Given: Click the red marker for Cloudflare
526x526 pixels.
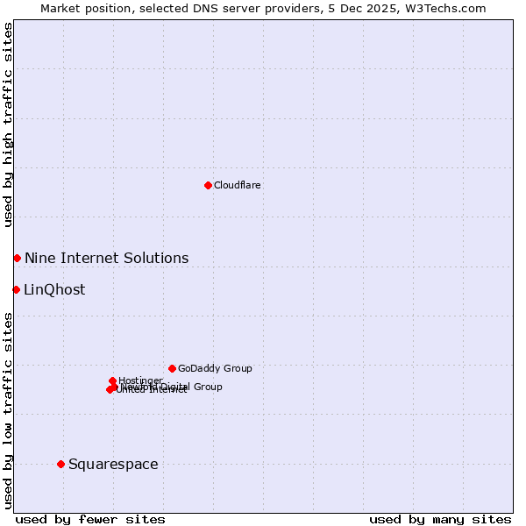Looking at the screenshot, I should pyautogui.click(x=208, y=185).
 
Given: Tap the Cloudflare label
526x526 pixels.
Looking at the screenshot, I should pyautogui.click(x=238, y=186).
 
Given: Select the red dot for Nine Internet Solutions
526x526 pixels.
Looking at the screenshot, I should pyautogui.click(x=17, y=258).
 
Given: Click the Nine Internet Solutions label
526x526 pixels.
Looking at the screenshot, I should pyautogui.click(x=106, y=258).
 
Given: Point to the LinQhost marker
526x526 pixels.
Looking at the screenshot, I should pyautogui.click(x=16, y=289).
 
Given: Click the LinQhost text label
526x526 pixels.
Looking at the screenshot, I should pyautogui.click(x=54, y=290).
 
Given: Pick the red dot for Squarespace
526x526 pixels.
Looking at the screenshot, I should pyautogui.click(x=60, y=464).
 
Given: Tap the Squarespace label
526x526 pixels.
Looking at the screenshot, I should pyautogui.click(x=113, y=465).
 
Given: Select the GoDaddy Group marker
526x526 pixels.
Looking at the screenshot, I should pyautogui.click(x=172, y=368).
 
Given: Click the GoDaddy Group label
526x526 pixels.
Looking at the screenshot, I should pyautogui.click(x=215, y=369).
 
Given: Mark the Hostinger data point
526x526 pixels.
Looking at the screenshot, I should pyautogui.click(x=112, y=380).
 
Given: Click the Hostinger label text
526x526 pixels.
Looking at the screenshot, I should pyautogui.click(x=141, y=380).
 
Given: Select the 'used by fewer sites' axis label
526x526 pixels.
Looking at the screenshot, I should pyautogui.click(x=90, y=519).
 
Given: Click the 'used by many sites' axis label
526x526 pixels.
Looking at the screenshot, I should pyautogui.click(x=440, y=519).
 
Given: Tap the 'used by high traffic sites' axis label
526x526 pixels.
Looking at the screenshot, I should pyautogui.click(x=8, y=124).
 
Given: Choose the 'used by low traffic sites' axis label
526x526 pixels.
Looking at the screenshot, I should pyautogui.click(x=8, y=409).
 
